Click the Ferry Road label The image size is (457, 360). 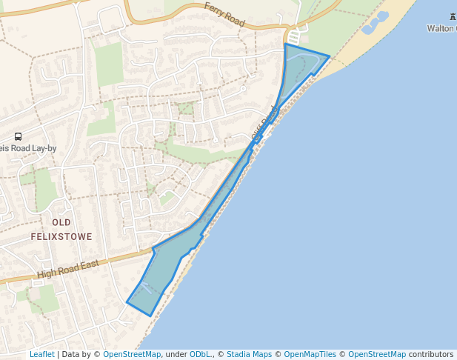224,15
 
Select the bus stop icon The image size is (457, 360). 18,136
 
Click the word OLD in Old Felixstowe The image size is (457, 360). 61,222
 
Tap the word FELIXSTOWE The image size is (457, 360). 61,237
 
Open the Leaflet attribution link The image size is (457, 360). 41,355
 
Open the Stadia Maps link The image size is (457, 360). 249,355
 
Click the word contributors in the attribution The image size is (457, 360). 431,355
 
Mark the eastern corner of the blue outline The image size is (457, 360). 329,56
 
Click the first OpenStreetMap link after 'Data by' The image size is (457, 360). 132,355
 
